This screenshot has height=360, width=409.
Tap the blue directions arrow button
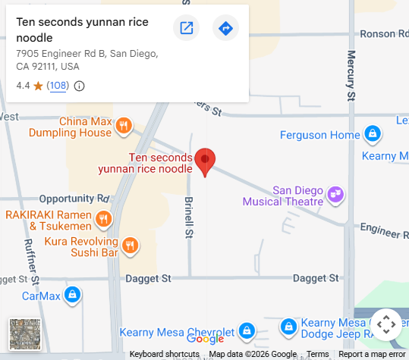225,29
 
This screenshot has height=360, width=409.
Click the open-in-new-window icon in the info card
186,29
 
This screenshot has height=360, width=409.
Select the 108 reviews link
58,86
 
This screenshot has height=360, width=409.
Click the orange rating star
38,86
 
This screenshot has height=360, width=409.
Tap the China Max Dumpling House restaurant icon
124,127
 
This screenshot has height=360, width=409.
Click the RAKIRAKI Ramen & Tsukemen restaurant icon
104,221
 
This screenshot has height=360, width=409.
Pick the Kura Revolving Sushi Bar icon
131,245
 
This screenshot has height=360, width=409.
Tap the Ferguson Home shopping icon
372,135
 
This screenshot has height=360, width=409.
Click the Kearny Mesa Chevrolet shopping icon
247,331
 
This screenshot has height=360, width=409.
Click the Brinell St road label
188,218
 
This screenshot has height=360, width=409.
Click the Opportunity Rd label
74,198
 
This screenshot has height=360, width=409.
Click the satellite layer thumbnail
24,334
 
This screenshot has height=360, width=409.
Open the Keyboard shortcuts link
164,355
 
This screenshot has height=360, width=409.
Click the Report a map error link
372,355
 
